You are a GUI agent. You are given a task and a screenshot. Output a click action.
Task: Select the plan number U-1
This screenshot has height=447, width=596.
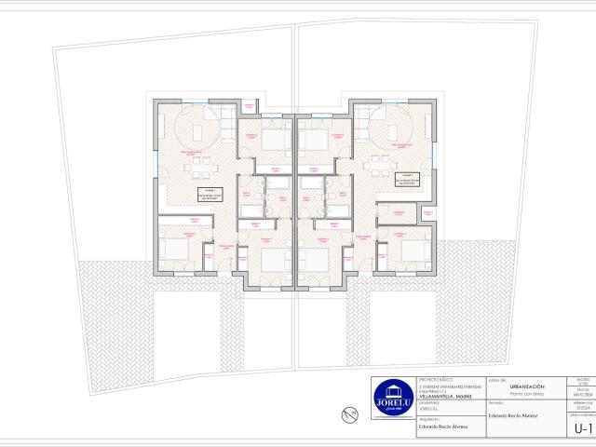click(x=584, y=428)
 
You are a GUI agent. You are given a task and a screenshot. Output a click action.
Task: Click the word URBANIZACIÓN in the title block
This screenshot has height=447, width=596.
click(x=527, y=386)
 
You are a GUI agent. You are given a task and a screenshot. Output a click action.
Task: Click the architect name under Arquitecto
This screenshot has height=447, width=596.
click(x=440, y=429)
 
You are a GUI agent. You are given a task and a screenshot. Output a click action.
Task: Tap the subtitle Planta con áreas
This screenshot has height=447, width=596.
click(x=527, y=394)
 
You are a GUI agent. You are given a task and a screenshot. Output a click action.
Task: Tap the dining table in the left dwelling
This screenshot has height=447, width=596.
click(x=199, y=169)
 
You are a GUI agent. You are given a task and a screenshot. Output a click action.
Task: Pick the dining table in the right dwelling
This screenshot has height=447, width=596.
click(x=380, y=169)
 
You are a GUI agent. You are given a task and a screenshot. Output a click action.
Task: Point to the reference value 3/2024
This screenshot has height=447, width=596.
click(x=583, y=407)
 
